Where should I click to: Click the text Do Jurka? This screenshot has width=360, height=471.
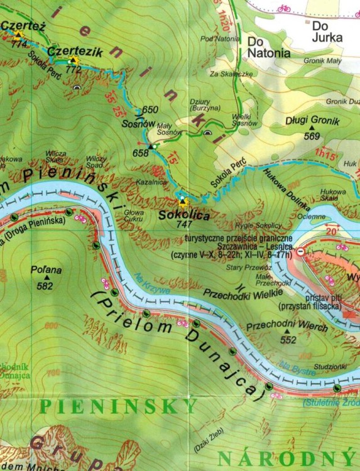(327, 32)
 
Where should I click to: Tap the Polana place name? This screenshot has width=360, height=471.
(46, 271)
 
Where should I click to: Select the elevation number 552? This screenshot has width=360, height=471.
(288, 340)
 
